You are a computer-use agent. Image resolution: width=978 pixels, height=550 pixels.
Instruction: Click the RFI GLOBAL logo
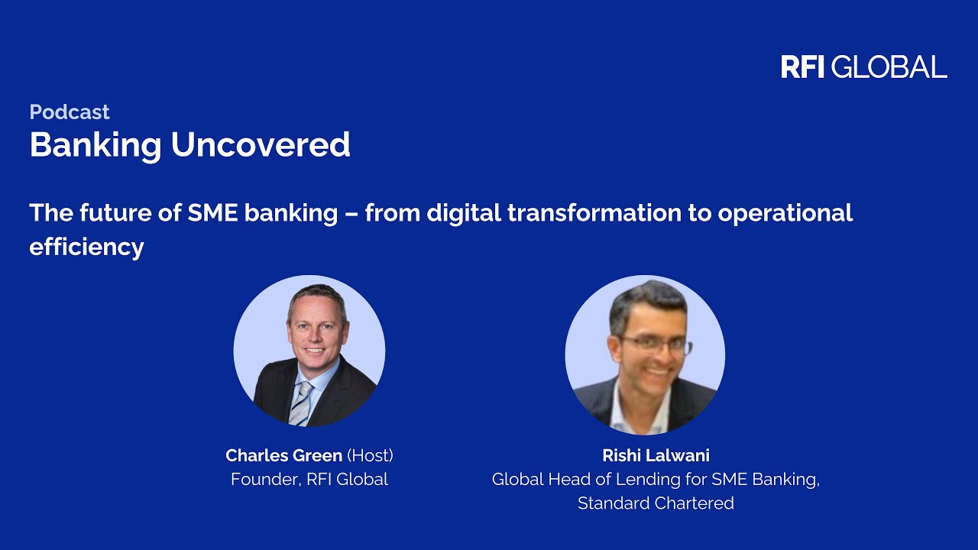click(x=864, y=66)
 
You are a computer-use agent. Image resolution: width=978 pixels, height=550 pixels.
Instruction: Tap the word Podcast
click(x=70, y=112)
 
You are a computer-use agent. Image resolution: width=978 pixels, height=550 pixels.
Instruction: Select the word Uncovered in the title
click(x=261, y=144)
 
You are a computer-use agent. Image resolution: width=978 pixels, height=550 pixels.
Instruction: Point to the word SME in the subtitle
click(x=212, y=212)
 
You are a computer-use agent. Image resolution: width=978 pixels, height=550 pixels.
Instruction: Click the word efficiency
click(x=86, y=247)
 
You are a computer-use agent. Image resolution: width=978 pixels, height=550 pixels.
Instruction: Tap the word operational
click(x=785, y=214)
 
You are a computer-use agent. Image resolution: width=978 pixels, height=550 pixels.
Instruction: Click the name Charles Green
click(x=283, y=456)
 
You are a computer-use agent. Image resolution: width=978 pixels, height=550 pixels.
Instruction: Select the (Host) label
click(x=371, y=456)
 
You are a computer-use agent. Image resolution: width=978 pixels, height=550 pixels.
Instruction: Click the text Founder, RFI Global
click(x=309, y=479)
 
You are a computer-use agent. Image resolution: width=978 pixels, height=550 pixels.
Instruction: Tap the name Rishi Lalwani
click(x=656, y=456)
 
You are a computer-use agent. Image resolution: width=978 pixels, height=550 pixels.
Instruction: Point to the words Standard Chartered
click(x=656, y=503)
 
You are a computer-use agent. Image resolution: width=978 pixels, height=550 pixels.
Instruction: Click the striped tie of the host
click(x=301, y=403)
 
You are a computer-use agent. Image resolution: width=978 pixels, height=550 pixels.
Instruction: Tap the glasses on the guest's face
click(x=655, y=345)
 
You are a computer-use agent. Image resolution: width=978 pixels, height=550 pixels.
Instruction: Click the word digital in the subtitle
click(x=464, y=214)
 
